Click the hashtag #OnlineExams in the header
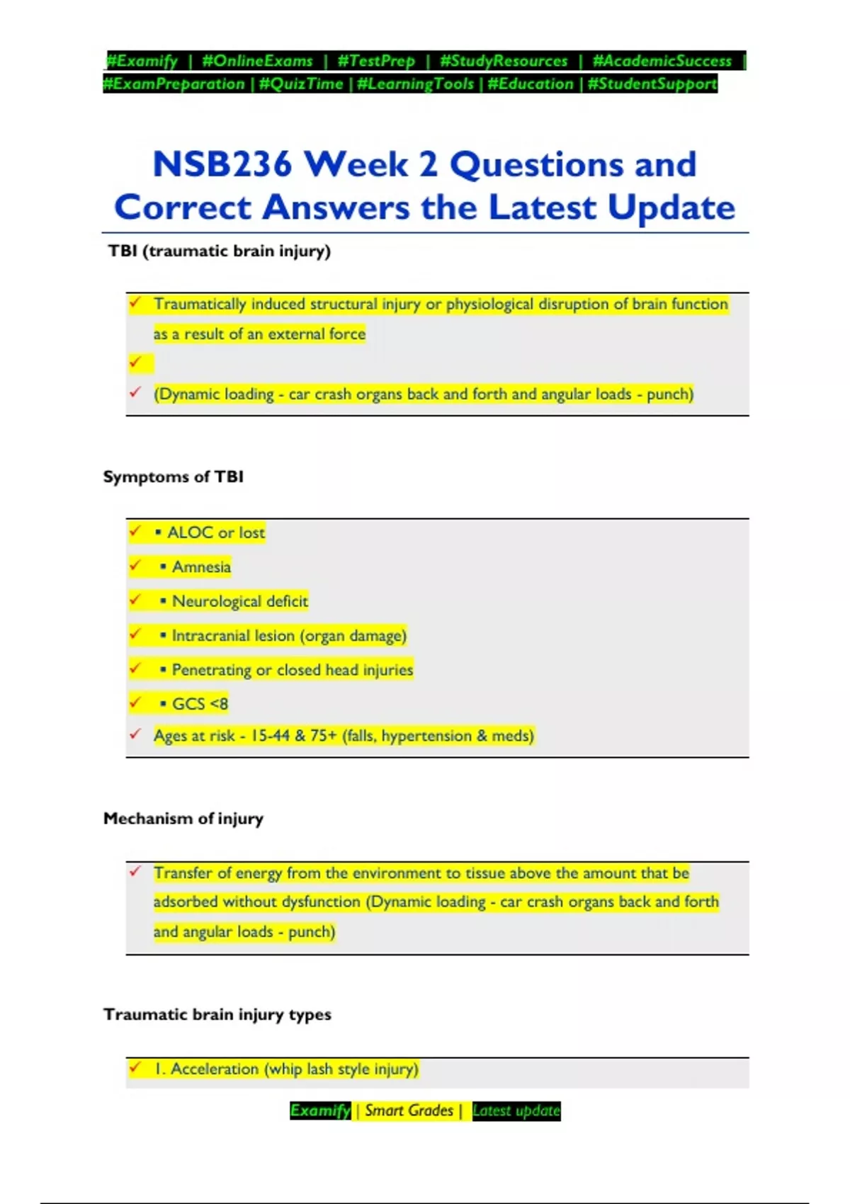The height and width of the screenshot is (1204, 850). pyautogui.click(x=257, y=61)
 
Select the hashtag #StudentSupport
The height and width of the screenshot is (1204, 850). pyautogui.click(x=652, y=84)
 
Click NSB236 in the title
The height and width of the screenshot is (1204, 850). pyautogui.click(x=222, y=164)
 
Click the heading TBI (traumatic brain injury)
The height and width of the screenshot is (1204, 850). pyautogui.click(x=219, y=251)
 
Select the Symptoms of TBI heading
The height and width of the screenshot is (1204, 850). pyautogui.click(x=173, y=477)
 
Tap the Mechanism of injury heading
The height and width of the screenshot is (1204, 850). pyautogui.click(x=183, y=819)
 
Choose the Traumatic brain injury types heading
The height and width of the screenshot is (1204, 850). pyautogui.click(x=217, y=1014)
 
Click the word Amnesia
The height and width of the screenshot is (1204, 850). pyautogui.click(x=201, y=567)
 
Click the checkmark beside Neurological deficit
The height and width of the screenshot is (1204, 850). pyautogui.click(x=135, y=600)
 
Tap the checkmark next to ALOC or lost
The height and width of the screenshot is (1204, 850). pyautogui.click(x=135, y=531)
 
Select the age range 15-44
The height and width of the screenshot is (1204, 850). pyautogui.click(x=270, y=736)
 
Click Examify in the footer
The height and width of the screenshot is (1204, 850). pyautogui.click(x=320, y=1111)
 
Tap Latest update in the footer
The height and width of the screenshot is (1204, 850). pyautogui.click(x=516, y=1111)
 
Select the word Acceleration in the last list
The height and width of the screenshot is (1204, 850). pyautogui.click(x=215, y=1069)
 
